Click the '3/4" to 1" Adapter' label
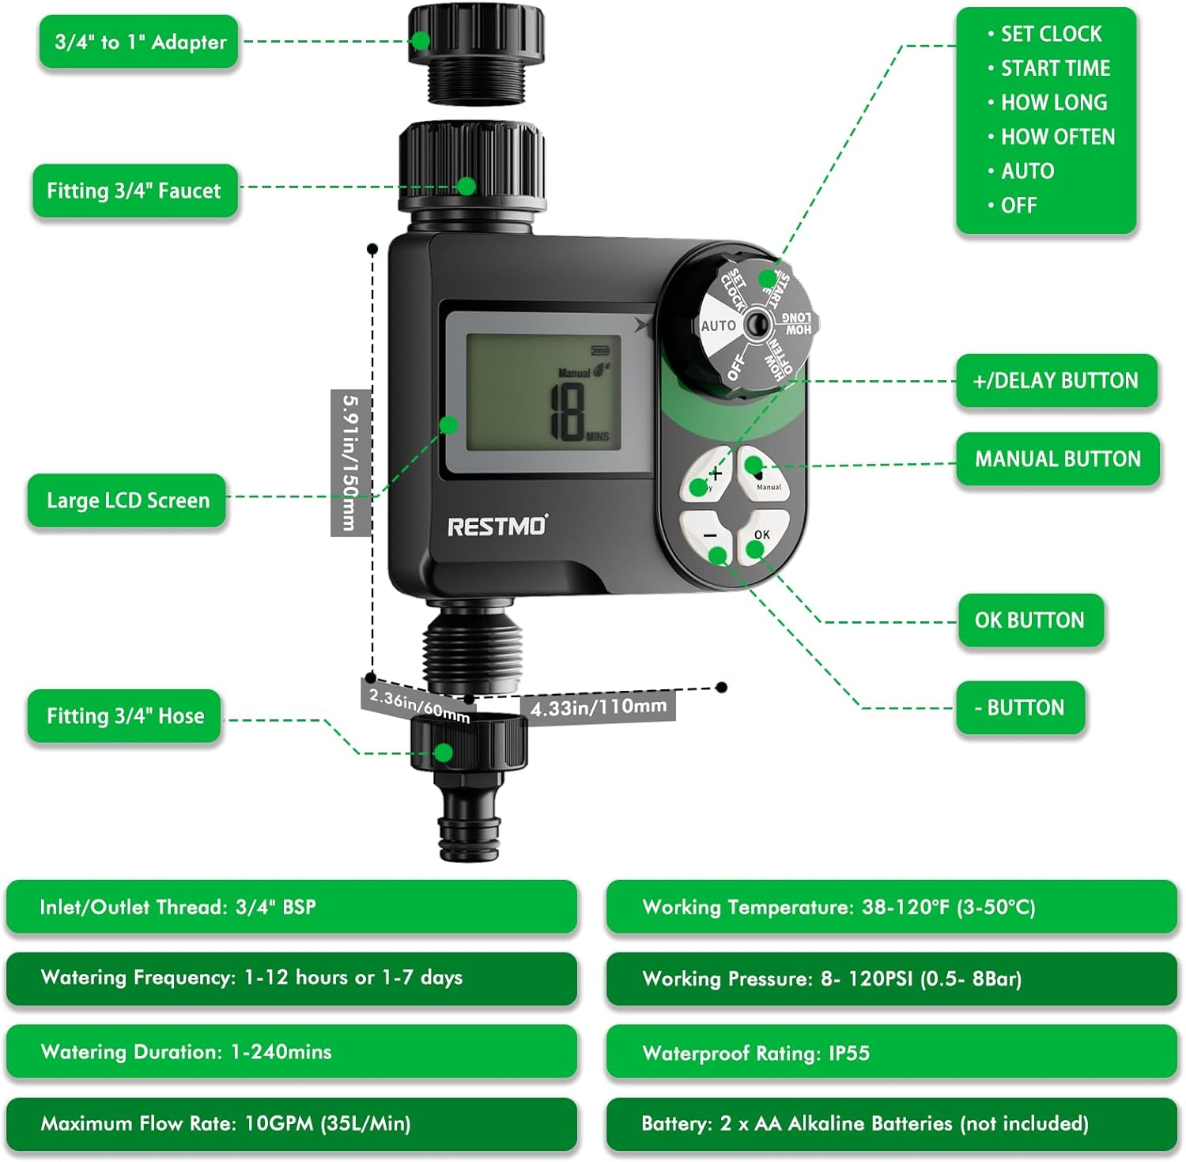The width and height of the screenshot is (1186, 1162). [x=139, y=42]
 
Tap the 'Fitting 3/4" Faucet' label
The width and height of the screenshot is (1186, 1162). [x=134, y=191]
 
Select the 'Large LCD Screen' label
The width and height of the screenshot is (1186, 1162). [x=127, y=500]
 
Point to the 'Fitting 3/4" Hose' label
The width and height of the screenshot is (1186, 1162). [x=125, y=716]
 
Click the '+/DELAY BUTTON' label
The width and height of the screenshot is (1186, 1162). [x=1056, y=381]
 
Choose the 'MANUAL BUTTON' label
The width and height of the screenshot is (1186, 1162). [x=1057, y=459]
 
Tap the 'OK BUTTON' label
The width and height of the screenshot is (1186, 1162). [x=1029, y=621]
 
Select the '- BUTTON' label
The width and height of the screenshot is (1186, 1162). [x=1020, y=707]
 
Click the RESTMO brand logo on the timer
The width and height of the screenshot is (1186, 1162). [x=497, y=526]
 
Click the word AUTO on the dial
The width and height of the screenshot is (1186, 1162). [x=718, y=326]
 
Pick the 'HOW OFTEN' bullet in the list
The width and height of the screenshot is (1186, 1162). [x=1057, y=137]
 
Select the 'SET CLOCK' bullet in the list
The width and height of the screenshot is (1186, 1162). [x=1051, y=34]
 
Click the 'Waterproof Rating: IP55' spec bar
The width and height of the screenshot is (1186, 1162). [x=891, y=1053]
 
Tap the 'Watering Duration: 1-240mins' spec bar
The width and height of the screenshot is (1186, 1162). [x=291, y=1052]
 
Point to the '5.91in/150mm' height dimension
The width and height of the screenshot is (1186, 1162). [x=350, y=462]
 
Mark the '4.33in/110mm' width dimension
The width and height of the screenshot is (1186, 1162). [x=598, y=706]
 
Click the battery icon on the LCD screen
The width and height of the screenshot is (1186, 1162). [x=601, y=350]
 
